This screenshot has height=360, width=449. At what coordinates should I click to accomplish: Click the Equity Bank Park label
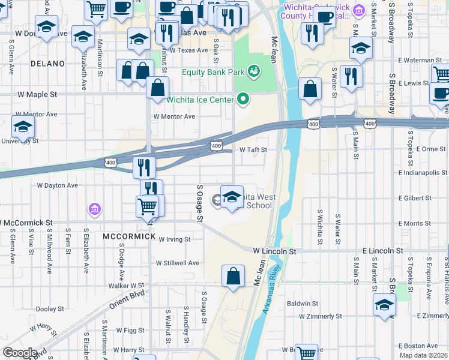[213, 73]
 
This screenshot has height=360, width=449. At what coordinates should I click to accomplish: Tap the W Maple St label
[37, 95]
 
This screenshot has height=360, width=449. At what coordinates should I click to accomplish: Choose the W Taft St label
[253, 150]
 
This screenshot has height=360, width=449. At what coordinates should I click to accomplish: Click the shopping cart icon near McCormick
[147, 205]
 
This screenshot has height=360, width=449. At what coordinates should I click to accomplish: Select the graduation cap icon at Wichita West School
[231, 196]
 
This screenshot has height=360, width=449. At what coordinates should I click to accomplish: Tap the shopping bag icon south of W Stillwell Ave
[233, 275]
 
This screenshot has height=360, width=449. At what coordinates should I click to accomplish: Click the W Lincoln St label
[274, 250]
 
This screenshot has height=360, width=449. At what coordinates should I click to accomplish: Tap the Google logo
[19, 353]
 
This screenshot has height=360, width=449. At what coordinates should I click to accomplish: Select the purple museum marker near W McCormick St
[94, 209]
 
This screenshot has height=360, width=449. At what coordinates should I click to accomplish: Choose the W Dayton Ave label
[58, 186]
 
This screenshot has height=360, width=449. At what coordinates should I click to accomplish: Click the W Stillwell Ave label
[177, 263]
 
